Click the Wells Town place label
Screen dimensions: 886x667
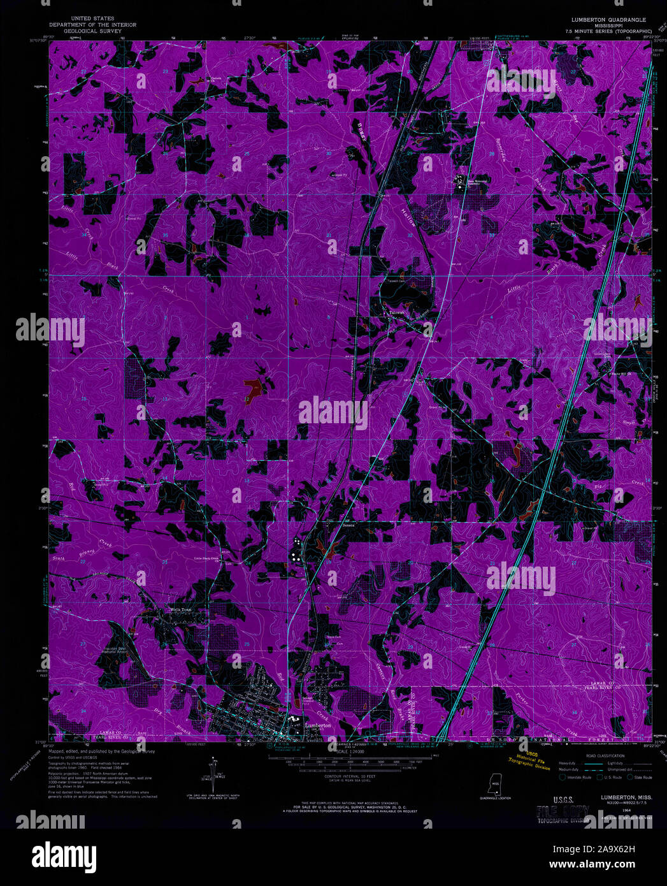pyautogui.click(x=180, y=609)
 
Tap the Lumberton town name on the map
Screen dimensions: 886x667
pyautogui.click(x=318, y=725)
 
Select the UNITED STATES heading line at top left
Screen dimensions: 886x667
pyautogui.click(x=92, y=19)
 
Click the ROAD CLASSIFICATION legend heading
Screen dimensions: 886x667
pyautogui.click(x=606, y=755)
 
